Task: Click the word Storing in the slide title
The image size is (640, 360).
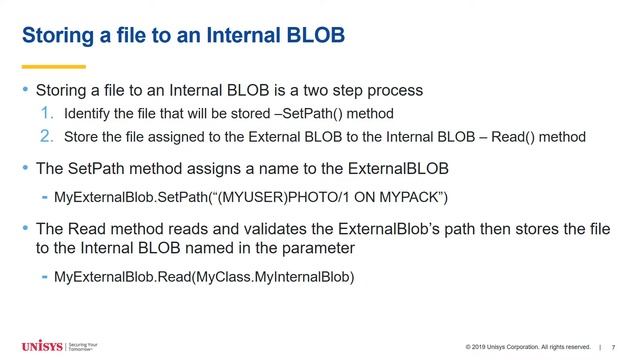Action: pos(60,38)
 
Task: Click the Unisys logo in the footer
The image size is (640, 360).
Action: pos(41,346)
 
